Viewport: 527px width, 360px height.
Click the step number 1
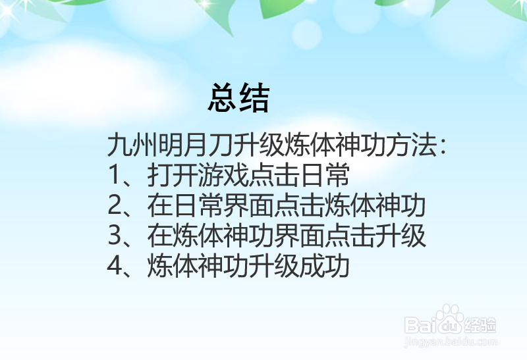coord(115,176)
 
